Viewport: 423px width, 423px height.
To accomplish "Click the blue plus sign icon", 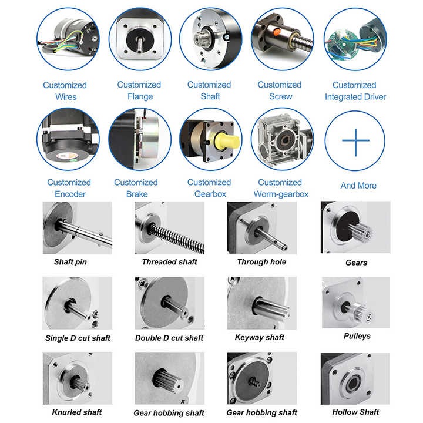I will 355,140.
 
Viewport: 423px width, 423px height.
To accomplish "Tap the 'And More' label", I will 358,186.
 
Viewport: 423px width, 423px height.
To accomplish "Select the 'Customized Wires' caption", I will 65,91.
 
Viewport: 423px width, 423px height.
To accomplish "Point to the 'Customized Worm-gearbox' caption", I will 280,188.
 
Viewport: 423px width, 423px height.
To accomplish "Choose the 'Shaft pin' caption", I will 70,262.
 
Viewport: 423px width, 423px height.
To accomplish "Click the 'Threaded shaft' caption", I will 169,262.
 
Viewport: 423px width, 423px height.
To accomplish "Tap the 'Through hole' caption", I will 261,262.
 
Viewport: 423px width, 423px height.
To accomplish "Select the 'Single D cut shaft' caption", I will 78,338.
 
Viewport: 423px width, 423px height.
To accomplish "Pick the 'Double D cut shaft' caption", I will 169,338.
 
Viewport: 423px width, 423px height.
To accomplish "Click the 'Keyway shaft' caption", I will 259,337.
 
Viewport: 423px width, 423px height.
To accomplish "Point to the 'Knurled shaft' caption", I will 77,412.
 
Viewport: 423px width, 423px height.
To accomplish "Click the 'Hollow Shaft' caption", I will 355,412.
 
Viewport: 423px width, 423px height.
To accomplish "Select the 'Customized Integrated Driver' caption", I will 355,91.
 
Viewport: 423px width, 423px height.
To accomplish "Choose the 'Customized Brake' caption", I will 136,188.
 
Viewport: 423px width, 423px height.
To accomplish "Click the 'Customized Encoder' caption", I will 69,188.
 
